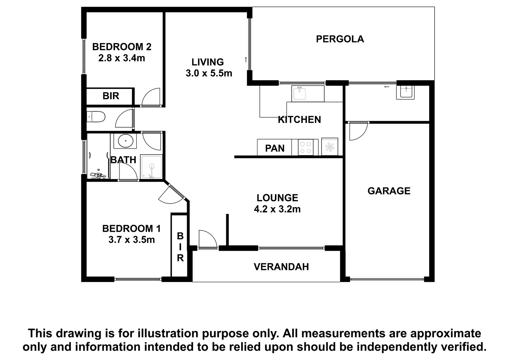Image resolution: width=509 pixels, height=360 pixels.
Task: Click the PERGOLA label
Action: click(340, 39)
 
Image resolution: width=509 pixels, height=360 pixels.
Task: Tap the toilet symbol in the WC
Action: click(96, 117)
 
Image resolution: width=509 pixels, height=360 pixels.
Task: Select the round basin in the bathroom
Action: click(125, 141)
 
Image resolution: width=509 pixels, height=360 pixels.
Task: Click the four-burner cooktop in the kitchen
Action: click(305, 147)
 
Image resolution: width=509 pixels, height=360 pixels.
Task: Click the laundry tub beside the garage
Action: click(405, 92)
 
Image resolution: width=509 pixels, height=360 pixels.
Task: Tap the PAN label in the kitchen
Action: click(275, 149)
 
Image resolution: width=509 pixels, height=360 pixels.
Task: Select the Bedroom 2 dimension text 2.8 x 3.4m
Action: click(122, 58)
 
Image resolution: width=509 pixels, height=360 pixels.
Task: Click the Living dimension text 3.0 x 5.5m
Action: click(209, 73)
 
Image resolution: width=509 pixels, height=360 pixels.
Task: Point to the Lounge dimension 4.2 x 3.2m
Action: click(277, 209)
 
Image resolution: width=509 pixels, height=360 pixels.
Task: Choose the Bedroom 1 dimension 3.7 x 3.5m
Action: click(132, 240)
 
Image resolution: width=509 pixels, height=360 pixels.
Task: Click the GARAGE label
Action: click(389, 191)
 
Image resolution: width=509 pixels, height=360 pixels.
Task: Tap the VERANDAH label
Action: click(281, 267)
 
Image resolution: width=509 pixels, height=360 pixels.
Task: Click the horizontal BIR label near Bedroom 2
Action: click(111, 96)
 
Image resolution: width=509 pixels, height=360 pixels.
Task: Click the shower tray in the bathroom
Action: click(151, 166)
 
